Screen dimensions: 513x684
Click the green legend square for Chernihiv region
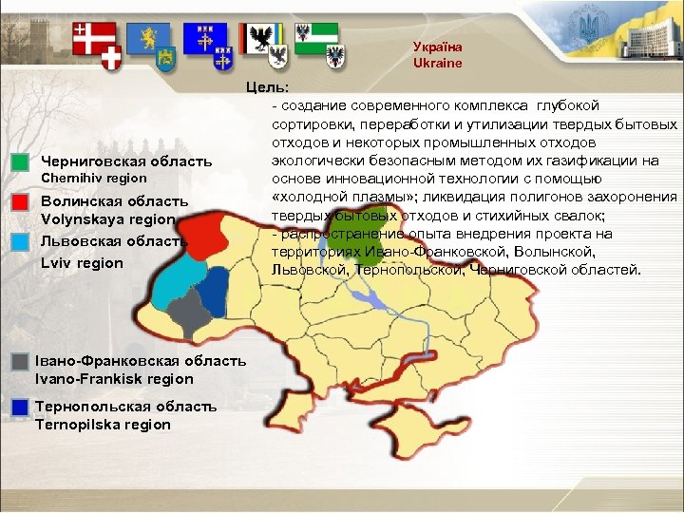click(x=21, y=161)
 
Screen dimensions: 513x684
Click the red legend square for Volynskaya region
click(x=21, y=201)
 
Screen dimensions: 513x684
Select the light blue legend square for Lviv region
click(x=21, y=241)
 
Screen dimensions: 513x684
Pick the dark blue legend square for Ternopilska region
click(x=20, y=407)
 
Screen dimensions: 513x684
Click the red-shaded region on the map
click(x=202, y=235)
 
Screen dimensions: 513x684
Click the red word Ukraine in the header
click(x=437, y=64)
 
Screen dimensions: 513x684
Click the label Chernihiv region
click(x=93, y=178)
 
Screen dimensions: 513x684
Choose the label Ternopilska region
click(x=103, y=425)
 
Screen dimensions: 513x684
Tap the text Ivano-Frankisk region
click(x=114, y=379)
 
